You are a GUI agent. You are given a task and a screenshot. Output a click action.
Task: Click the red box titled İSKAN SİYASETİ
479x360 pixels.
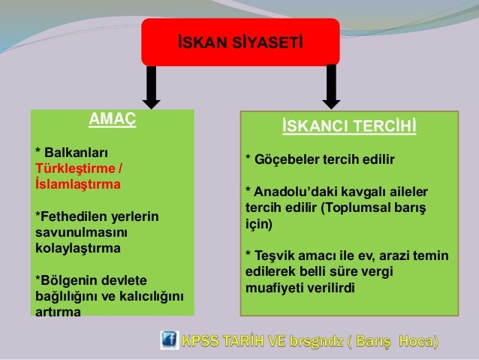coord(240,42)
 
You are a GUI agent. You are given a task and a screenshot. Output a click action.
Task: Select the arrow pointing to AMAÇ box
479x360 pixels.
coord(151,87)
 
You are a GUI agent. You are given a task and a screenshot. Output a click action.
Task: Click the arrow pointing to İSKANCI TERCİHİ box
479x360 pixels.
coord(331,87)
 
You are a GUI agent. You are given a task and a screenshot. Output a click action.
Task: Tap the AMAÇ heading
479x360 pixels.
coord(113,119)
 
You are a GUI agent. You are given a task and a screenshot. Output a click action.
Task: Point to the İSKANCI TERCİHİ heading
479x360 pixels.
coord(349,126)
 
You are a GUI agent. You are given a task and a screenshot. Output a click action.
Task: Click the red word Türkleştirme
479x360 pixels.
coord(75,168)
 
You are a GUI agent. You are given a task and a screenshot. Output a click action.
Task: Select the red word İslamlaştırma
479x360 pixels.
coord(78,184)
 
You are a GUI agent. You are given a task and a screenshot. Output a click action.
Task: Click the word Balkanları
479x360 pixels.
coord(76,153)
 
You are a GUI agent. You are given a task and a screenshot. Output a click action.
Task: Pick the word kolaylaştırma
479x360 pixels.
coord(78,248)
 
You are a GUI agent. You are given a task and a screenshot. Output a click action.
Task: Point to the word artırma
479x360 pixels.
coord(58,313)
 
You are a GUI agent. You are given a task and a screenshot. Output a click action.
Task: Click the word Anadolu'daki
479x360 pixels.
coord(295,192)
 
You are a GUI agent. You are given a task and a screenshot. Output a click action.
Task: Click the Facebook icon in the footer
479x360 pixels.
coord(170,340)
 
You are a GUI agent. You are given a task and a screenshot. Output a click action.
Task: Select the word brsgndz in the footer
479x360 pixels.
coord(317,340)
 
